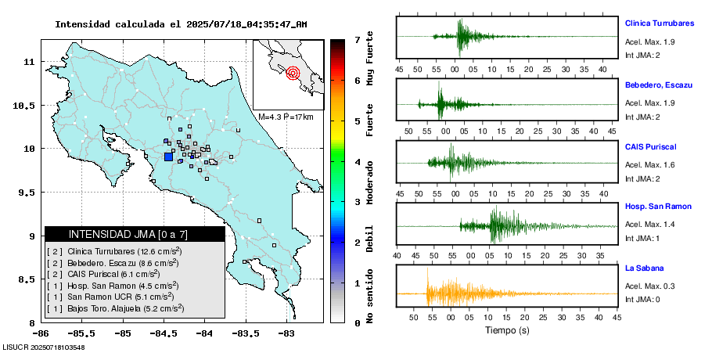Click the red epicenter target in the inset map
[x=293, y=74]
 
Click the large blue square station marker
[x=168, y=157]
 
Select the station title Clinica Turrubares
[x=659, y=23]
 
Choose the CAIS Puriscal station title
[x=650, y=146]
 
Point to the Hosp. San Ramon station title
[x=658, y=207]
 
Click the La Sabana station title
[x=643, y=268]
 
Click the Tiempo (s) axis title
[x=508, y=330]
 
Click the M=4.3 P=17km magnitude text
[x=286, y=117]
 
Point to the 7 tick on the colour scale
[x=357, y=39]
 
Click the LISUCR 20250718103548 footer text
[x=44, y=347]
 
